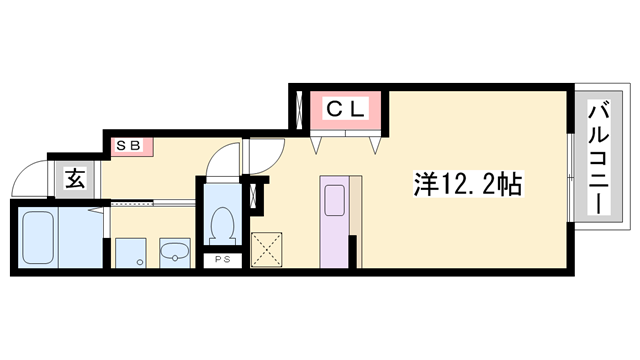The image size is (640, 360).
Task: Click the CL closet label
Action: pyautogui.click(x=347, y=108)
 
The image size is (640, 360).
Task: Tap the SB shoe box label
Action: pyautogui.click(x=129, y=146)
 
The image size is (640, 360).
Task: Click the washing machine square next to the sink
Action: pyautogui.click(x=129, y=253)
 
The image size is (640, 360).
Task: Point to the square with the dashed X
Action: pyautogui.click(x=267, y=249)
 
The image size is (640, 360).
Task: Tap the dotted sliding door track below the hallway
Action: pyautogui.click(x=150, y=204)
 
